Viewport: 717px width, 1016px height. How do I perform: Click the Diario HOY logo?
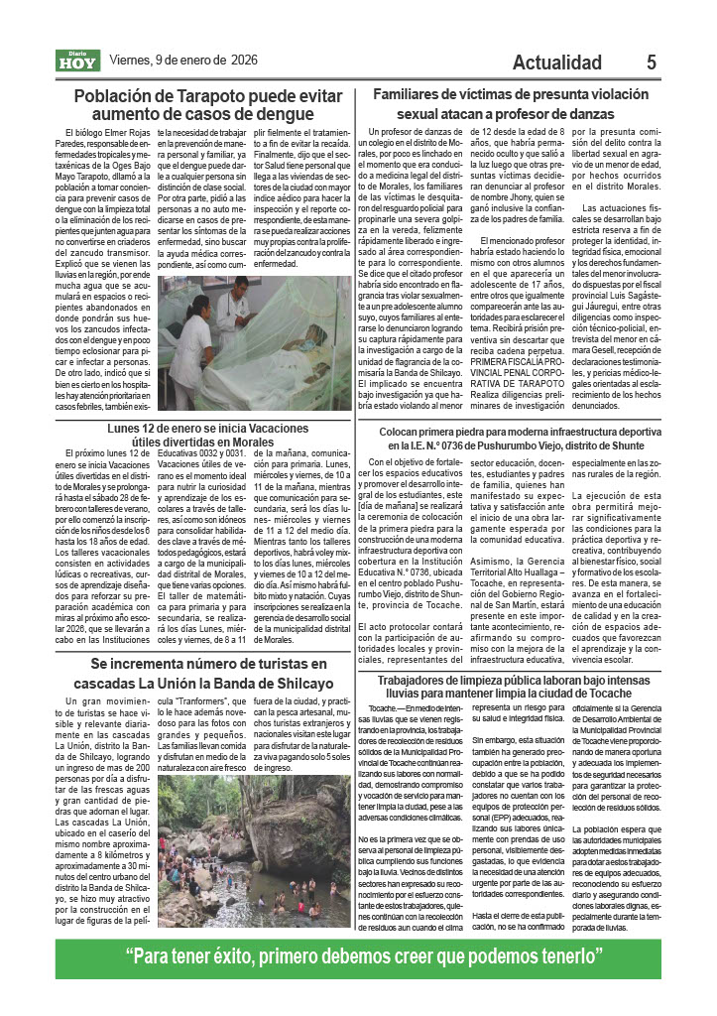coord(76,61)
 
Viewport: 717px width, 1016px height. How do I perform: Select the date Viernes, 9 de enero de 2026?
coord(182,61)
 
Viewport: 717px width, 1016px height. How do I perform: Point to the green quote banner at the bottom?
coord(358,958)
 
